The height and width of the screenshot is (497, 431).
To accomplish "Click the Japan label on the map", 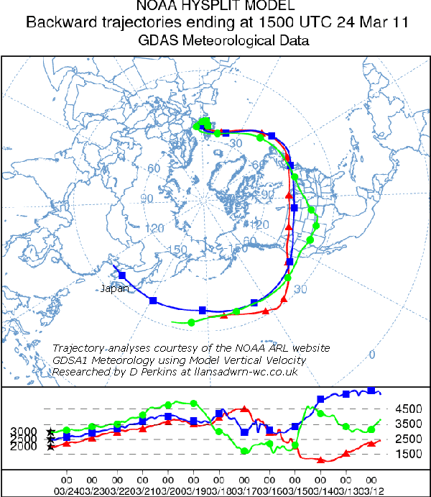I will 115,288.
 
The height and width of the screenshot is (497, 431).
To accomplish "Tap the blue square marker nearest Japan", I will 122,275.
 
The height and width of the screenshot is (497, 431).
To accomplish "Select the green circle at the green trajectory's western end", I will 191,323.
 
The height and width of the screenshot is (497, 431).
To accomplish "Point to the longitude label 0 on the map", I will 371,355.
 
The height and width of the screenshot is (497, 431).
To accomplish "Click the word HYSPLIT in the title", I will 215,8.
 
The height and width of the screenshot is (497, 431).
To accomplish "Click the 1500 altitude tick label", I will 408,455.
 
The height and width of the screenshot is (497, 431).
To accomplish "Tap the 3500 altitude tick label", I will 408,424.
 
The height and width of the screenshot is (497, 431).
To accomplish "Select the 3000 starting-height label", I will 24,432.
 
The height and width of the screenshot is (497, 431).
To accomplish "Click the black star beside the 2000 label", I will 50,447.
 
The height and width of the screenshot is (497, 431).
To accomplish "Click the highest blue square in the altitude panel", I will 371,391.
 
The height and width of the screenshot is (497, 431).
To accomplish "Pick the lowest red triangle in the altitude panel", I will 321,460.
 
